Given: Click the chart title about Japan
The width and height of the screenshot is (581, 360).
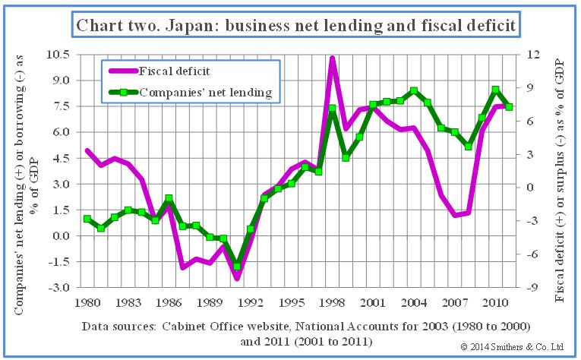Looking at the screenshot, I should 295,25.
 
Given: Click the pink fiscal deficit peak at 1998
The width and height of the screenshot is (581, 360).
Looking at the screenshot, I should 332,58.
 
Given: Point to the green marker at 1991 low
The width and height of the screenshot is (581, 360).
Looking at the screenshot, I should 237,267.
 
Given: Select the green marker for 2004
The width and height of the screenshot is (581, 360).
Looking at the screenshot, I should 413,90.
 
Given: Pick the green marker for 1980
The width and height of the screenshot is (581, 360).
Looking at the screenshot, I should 87,219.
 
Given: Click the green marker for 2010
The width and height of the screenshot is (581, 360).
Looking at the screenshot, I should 495,90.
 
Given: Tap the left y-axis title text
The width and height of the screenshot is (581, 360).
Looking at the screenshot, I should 25,171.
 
